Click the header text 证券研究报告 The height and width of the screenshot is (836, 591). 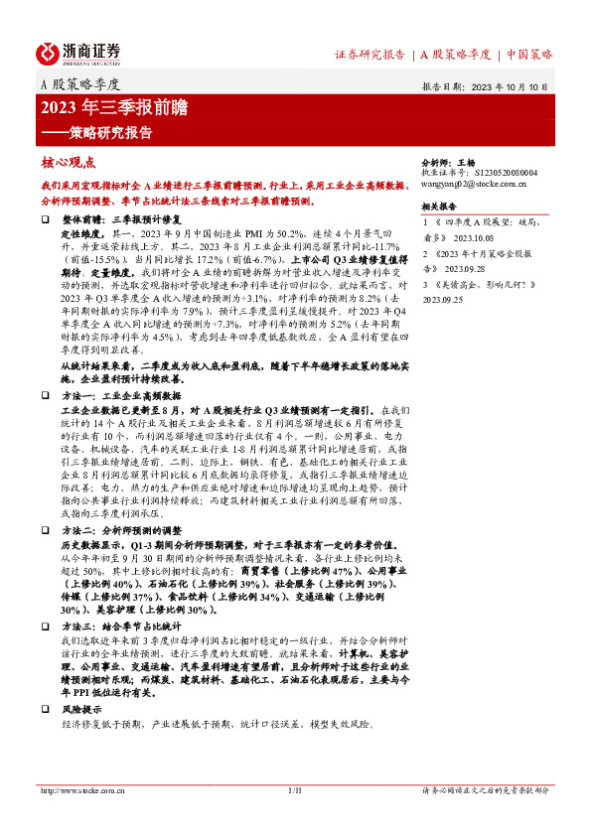coord(369,55)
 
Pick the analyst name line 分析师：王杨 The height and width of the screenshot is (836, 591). coord(451,161)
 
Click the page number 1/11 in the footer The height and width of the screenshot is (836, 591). coord(294,790)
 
